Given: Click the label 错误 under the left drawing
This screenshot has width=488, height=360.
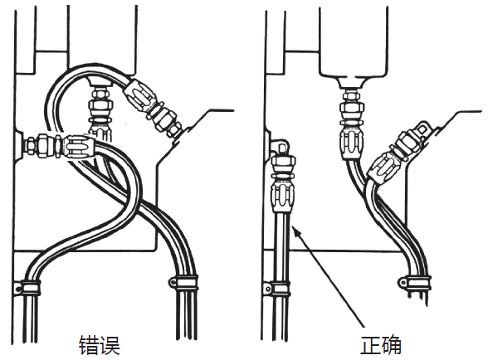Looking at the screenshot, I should (x=100, y=343).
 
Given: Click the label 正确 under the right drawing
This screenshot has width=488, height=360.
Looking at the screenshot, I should (x=382, y=343).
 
